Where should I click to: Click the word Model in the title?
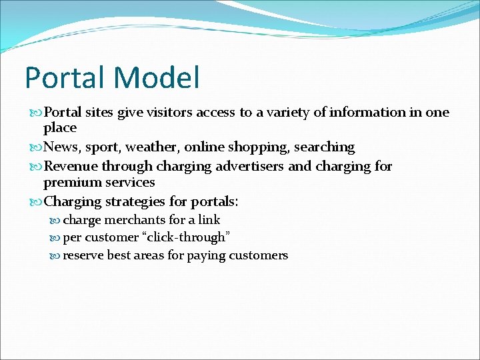pyautogui.click(x=157, y=77)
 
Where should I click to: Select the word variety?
pyautogui.click(x=284, y=113)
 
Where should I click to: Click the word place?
pyautogui.click(x=60, y=128)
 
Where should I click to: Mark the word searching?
pyautogui.click(x=324, y=147)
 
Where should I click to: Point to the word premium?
pyautogui.click(x=70, y=183)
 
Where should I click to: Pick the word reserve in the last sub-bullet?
pyautogui.click(x=83, y=255)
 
